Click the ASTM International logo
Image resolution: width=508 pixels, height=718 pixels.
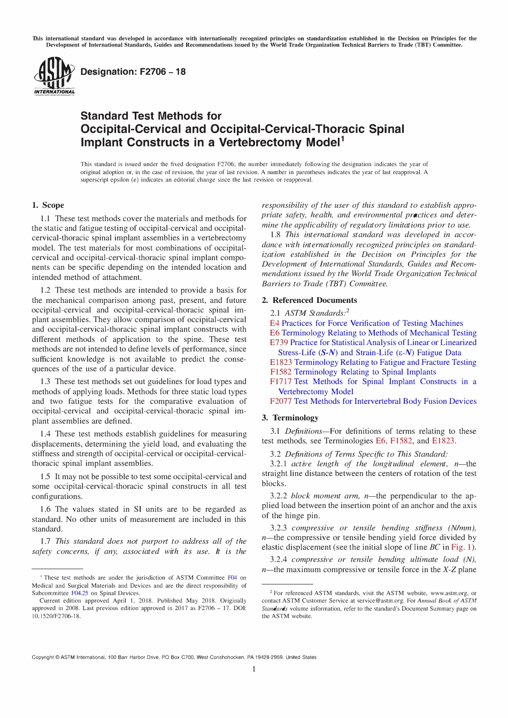[x=54, y=76]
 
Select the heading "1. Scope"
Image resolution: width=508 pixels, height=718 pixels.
[x=48, y=205]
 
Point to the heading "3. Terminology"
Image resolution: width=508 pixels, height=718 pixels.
[x=290, y=418]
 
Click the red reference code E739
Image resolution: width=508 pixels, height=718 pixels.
[x=279, y=342]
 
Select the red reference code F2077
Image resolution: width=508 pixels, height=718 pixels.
[x=281, y=401]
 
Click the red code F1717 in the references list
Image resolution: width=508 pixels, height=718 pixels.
[x=281, y=381]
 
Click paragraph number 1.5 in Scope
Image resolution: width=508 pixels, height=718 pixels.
[x=45, y=477]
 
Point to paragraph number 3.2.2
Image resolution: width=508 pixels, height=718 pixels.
[x=278, y=496]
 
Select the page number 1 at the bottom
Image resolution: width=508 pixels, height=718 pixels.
[x=254, y=669]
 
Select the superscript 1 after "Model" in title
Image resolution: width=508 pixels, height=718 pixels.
[x=343, y=139]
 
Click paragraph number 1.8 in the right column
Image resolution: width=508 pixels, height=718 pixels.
[x=275, y=235]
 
